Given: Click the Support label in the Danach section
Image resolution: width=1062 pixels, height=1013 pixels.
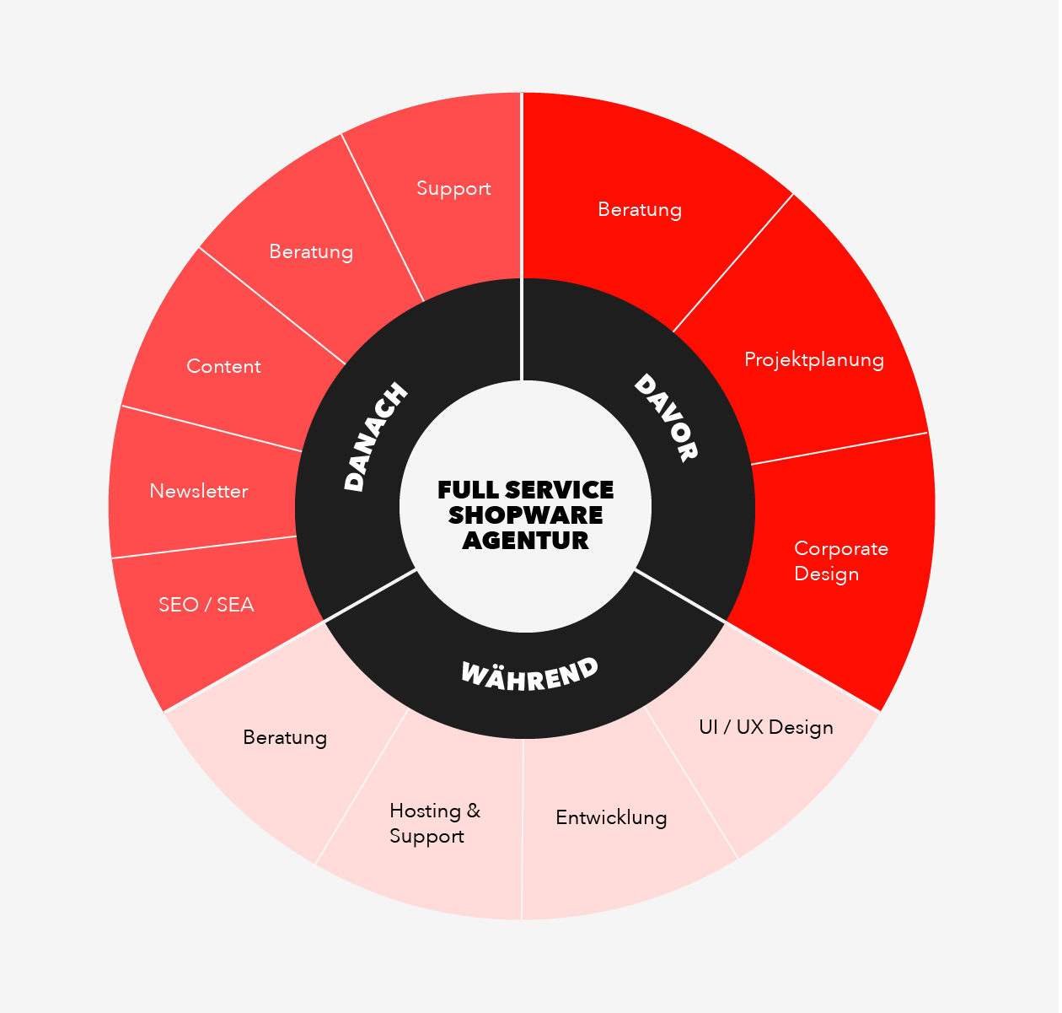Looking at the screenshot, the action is (453, 189).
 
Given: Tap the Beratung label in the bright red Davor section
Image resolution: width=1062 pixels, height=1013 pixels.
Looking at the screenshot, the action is (640, 210).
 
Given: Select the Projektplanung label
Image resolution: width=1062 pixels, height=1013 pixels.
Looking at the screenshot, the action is (814, 360).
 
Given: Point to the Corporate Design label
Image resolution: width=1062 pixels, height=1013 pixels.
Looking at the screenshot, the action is (841, 561).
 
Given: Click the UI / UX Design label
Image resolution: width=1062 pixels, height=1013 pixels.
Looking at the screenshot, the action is (766, 728).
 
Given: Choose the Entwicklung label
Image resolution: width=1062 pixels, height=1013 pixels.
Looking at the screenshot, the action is (611, 818).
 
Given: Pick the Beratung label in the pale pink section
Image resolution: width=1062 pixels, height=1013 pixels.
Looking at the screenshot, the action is (285, 738).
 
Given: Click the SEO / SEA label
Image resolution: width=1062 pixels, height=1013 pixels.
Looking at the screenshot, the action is (206, 605).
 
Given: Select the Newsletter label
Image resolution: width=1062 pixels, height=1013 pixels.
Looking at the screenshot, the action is (199, 492).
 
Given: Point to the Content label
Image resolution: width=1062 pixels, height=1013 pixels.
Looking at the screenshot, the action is (223, 367).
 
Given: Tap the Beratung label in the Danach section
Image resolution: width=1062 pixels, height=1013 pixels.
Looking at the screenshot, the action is (311, 252).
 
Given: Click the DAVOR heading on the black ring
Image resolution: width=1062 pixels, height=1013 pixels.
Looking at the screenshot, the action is (666, 418).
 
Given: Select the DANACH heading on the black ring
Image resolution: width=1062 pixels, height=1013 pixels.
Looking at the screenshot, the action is (375, 437).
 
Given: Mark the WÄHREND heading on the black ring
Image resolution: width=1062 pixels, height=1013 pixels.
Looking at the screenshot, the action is (530, 675).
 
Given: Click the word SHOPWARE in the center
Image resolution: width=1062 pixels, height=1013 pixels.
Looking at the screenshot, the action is (526, 515).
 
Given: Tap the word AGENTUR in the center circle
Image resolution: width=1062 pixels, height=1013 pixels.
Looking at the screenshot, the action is (526, 542).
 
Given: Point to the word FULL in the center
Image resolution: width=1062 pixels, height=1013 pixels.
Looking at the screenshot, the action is (468, 491).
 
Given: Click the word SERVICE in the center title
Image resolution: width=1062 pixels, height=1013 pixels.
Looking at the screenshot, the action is (560, 491).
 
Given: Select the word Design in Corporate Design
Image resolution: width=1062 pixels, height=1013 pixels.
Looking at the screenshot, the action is (827, 574).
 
